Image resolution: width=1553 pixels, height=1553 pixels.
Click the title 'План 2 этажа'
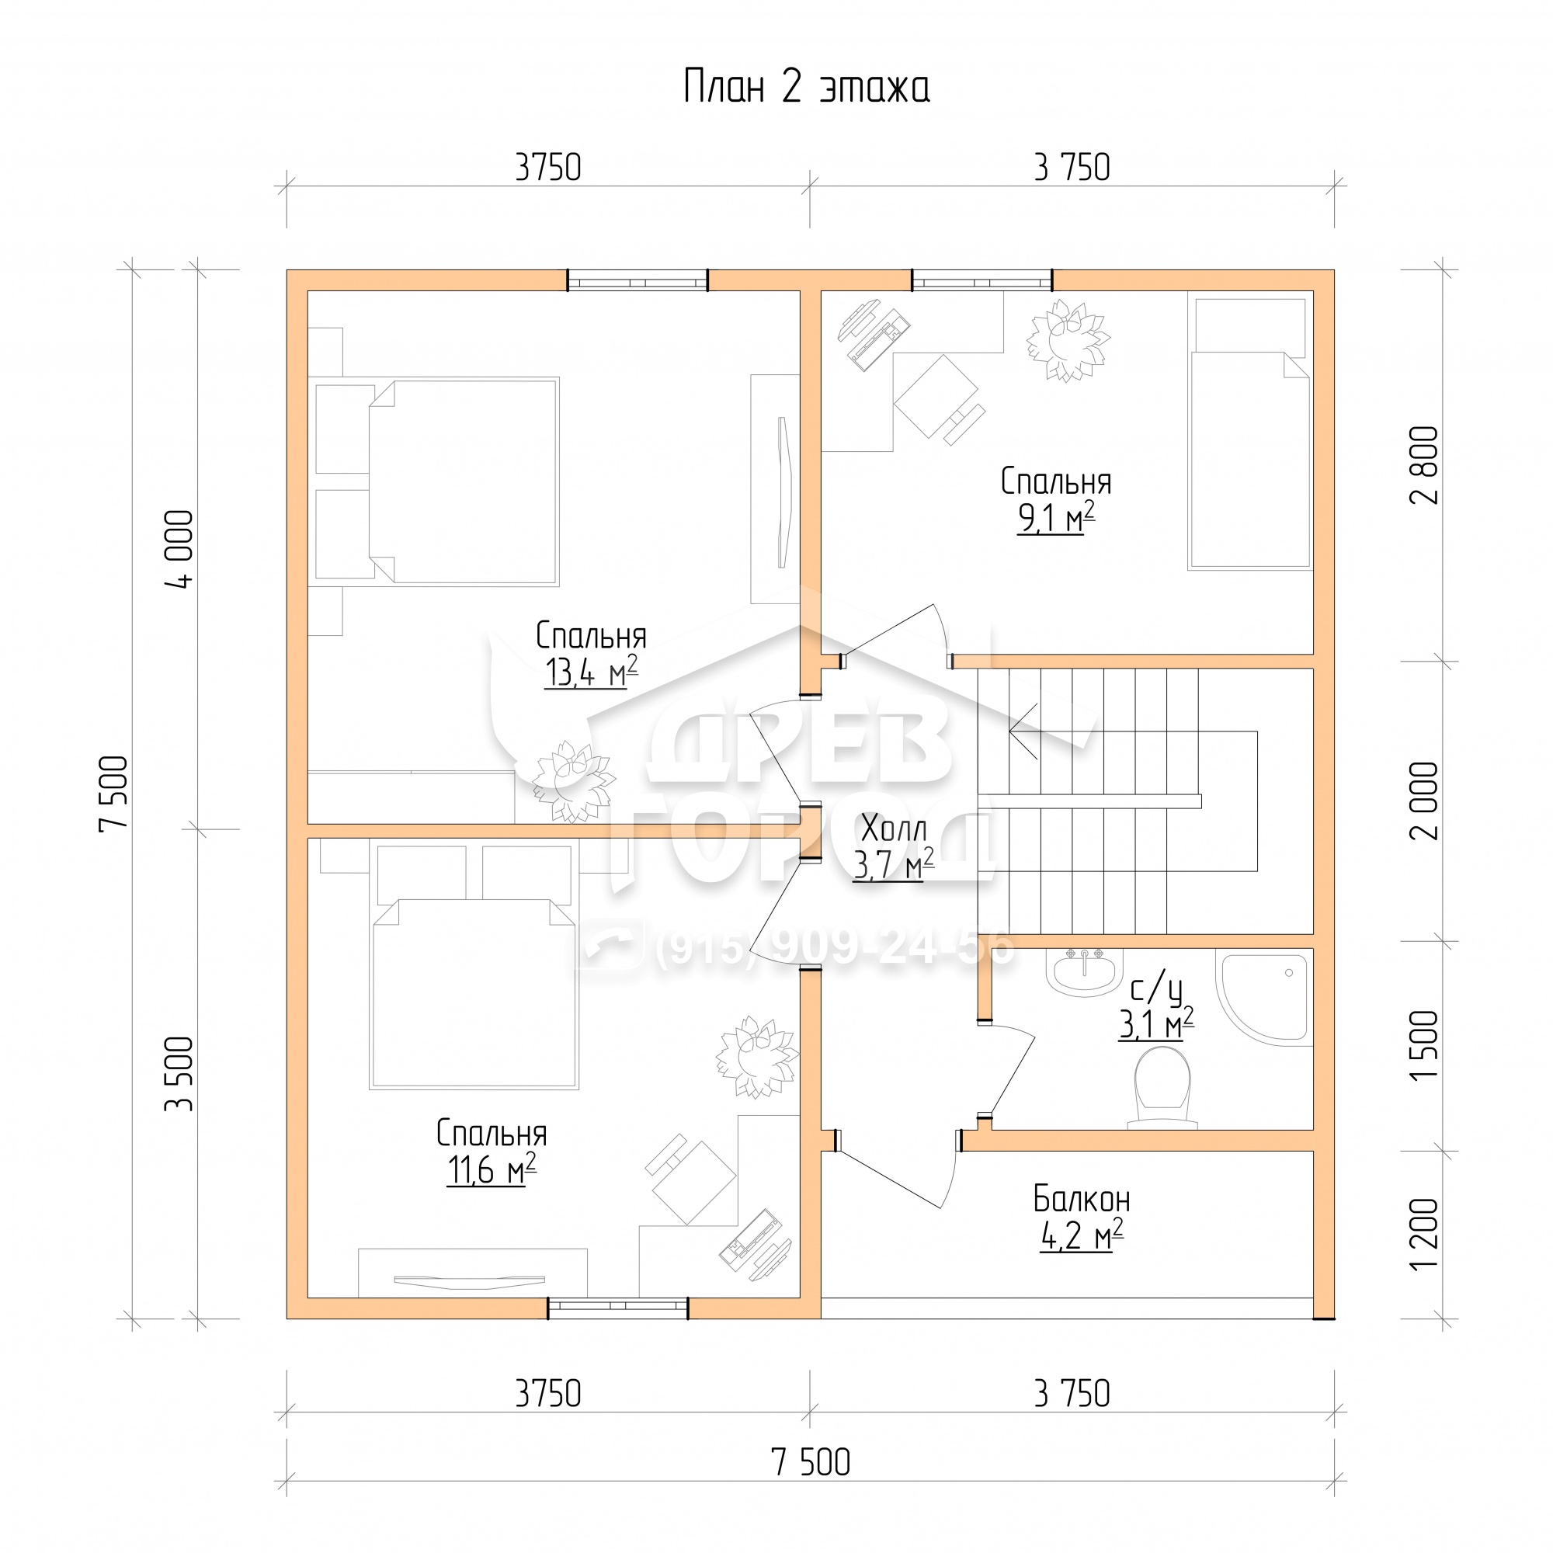point(806,87)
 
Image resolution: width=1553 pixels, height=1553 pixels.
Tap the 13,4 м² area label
point(591,671)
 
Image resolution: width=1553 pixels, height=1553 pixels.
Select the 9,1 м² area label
point(1055,518)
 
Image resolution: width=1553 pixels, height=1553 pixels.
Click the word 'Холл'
point(893,828)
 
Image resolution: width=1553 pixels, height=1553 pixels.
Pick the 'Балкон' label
point(1081,1200)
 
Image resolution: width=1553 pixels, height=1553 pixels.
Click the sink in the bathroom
point(1083,972)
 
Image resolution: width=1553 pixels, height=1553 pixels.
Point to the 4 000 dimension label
point(180,550)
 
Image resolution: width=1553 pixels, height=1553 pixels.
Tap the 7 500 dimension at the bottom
point(810,1485)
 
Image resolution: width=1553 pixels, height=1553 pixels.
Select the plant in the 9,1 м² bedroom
point(1068,340)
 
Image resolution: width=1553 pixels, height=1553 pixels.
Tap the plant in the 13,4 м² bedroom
point(574,782)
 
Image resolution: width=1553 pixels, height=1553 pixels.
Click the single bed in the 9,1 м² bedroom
point(1250,434)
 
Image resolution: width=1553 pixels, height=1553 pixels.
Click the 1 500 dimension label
point(1424,1045)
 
